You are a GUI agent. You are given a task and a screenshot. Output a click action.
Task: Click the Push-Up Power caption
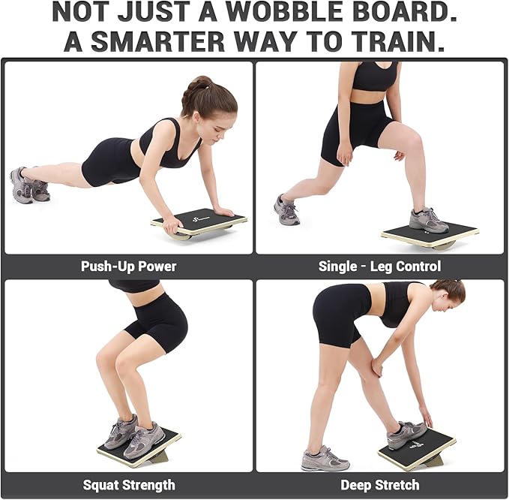(129, 266)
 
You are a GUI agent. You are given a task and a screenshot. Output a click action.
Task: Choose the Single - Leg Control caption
(379, 266)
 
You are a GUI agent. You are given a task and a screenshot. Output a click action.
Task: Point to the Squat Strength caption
(128, 484)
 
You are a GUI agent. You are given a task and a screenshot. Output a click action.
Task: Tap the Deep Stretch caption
(379, 484)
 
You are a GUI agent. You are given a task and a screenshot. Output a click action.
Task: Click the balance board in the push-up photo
(200, 222)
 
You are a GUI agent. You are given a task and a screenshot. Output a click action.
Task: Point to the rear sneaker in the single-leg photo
(286, 210)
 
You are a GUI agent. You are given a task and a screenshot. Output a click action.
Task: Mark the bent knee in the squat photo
(106, 359)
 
